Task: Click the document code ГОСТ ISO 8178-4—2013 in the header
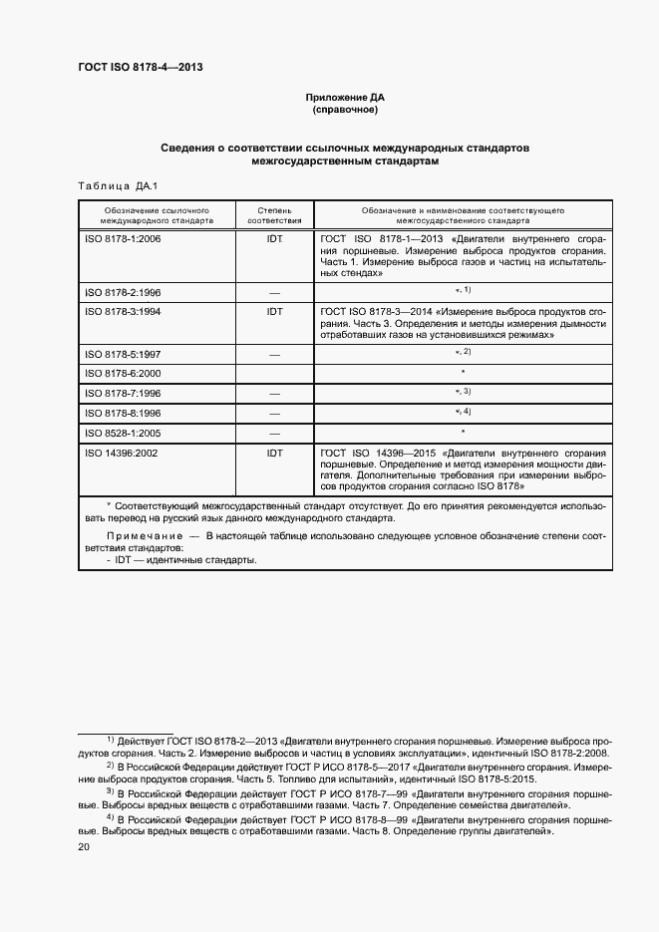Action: pyautogui.click(x=141, y=68)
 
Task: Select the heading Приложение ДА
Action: pyautogui.click(x=345, y=98)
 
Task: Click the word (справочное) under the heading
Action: pyautogui.click(x=345, y=111)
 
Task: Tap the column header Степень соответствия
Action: pyautogui.click(x=274, y=216)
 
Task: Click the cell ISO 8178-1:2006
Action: pyautogui.click(x=123, y=240)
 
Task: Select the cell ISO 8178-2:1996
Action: pyautogui.click(x=123, y=293)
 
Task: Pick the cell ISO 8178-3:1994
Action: pyautogui.click(x=123, y=312)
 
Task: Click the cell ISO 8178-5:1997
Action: pyautogui.click(x=123, y=354)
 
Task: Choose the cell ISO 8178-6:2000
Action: pyautogui.click(x=123, y=374)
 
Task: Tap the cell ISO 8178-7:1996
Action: pyautogui.click(x=123, y=394)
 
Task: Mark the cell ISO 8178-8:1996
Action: pyautogui.click(x=123, y=414)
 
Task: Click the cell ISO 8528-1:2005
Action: pyautogui.click(x=123, y=434)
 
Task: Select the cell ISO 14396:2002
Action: pyautogui.click(x=124, y=453)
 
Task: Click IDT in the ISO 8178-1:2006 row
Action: pyautogui.click(x=274, y=240)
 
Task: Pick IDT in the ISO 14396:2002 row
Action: pyautogui.click(x=274, y=453)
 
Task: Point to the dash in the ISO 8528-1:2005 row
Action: pyautogui.click(x=274, y=434)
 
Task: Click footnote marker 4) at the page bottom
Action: pyautogui.click(x=112, y=815)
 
